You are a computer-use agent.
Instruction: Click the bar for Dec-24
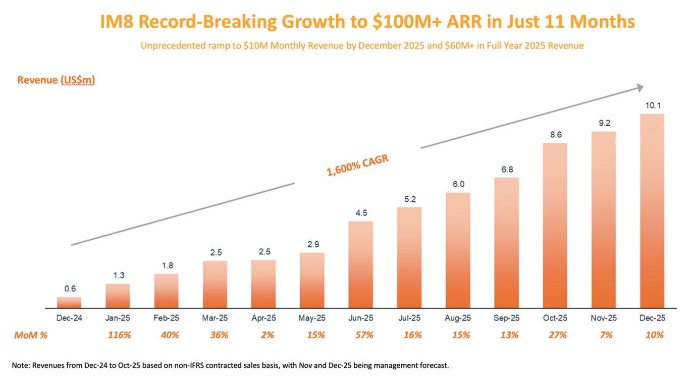point(69,302)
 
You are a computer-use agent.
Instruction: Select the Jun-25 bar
point(361,264)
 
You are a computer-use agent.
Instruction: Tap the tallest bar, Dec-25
point(652,210)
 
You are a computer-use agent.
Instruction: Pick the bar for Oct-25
point(555,225)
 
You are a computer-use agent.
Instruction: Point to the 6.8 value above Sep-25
point(506,170)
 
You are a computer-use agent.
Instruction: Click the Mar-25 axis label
point(215,318)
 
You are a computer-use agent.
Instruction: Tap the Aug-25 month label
point(458,318)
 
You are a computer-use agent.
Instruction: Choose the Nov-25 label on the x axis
point(603,318)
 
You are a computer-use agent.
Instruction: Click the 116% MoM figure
point(119,335)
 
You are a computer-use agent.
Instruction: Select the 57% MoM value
point(361,335)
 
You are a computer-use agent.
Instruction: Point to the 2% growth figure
point(263,335)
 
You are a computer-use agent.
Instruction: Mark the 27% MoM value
point(555,335)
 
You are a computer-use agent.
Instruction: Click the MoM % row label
point(30,335)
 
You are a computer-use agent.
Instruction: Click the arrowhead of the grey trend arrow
point(639,88)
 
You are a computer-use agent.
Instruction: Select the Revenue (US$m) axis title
point(56,80)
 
